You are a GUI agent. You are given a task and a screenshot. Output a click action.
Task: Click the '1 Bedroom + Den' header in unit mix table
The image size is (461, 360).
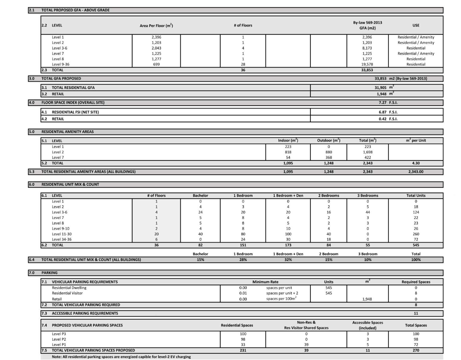click(x=288, y=196)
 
